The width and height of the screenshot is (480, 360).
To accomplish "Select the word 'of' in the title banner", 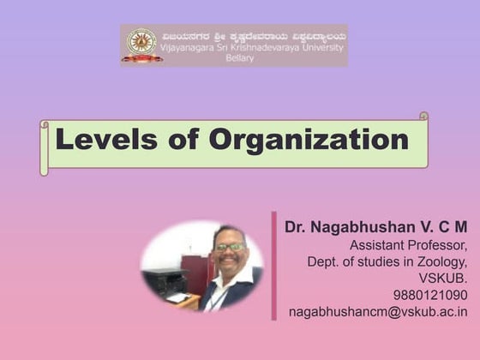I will tap(186, 140).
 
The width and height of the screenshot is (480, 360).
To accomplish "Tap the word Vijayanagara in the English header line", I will tap(190, 49).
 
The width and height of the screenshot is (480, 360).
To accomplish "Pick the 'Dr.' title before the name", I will tap(296, 228).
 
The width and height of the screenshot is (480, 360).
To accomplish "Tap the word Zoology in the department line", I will tap(439, 261).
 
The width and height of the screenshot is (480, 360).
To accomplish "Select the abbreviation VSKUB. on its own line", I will tap(443, 279).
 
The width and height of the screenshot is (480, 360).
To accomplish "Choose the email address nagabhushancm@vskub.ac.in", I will tap(378, 312).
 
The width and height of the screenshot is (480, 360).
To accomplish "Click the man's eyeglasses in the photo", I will tap(229, 248).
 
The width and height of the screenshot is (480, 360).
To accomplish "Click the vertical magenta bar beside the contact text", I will tap(274, 266).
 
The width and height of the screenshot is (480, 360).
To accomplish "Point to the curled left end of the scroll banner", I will tap(45, 147).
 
